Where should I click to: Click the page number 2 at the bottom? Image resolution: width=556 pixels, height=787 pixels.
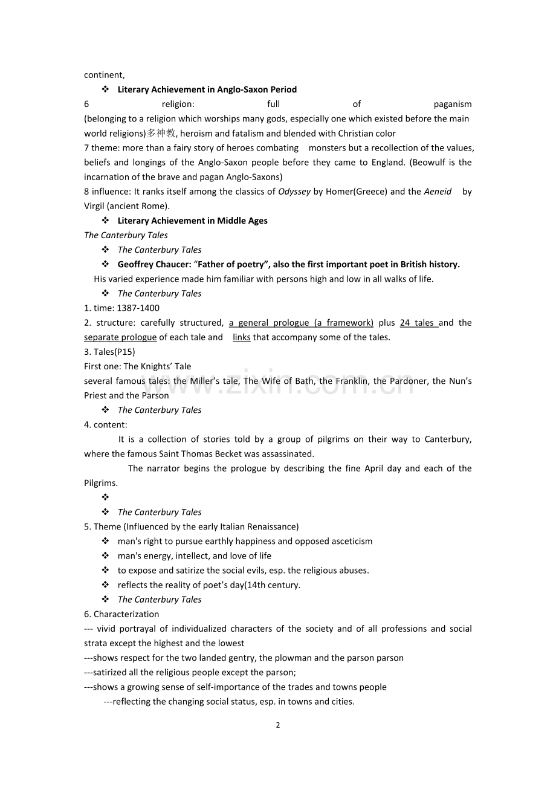[278, 725]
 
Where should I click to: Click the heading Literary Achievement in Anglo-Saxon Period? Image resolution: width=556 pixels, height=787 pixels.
[207, 89]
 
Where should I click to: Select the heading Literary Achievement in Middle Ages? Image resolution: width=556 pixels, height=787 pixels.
[192, 221]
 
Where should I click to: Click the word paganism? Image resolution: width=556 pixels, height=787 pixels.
[453, 104]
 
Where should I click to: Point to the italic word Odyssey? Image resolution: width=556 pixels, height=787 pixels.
[294, 192]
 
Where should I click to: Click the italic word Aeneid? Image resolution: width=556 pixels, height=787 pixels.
[438, 192]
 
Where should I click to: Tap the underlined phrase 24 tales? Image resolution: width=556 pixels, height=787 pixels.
[418, 323]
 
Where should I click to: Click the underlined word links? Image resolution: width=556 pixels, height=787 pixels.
[242, 337]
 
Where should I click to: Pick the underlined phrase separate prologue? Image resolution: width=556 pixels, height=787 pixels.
[120, 337]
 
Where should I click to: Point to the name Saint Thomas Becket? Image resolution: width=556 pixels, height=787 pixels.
[205, 454]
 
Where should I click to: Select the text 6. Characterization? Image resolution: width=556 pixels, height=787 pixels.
[121, 614]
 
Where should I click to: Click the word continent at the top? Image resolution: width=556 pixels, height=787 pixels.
[104, 75]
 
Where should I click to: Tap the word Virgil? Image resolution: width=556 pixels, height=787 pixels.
[94, 206]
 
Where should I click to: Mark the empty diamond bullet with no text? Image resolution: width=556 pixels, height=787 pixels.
[105, 497]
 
